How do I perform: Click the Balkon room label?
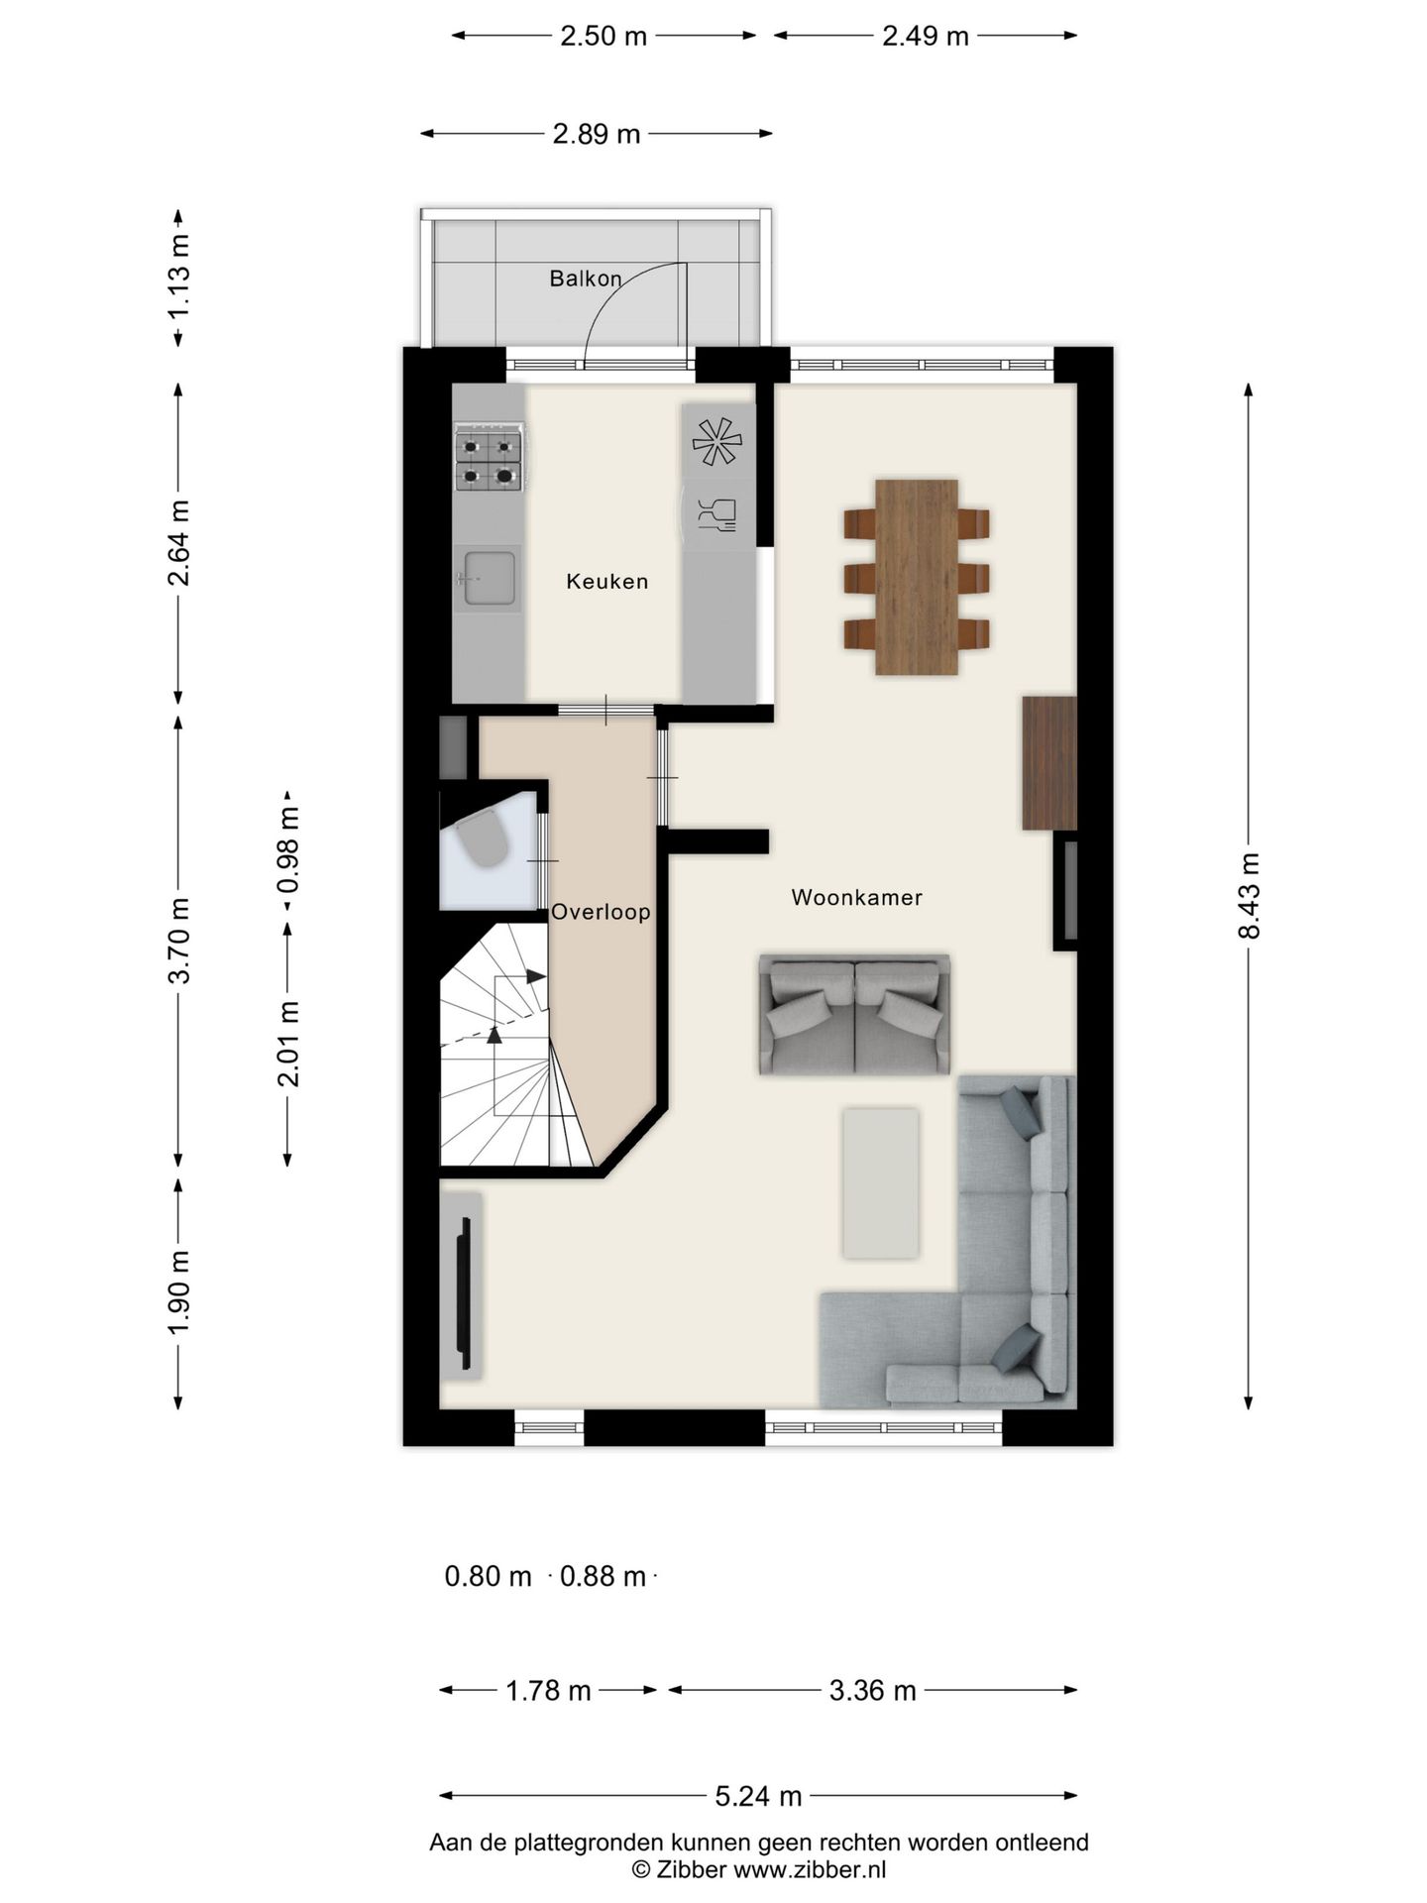tap(585, 279)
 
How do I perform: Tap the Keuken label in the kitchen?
tap(606, 582)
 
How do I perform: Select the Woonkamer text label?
tap(856, 898)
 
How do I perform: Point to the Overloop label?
tap(601, 912)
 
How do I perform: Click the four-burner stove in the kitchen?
tap(489, 457)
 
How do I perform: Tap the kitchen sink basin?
tap(489, 578)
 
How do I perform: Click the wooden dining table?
tap(917, 577)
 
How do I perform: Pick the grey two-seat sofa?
tap(854, 1015)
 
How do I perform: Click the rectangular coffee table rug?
tap(880, 1183)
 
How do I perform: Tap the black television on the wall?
tap(463, 1285)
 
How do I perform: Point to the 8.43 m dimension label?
tap(1248, 896)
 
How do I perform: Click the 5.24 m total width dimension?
tap(758, 1795)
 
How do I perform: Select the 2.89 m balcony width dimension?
tap(597, 134)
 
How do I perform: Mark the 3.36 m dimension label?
tap(872, 1690)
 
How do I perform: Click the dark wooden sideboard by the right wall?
tap(1049, 762)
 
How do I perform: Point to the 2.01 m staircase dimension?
tap(288, 1044)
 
